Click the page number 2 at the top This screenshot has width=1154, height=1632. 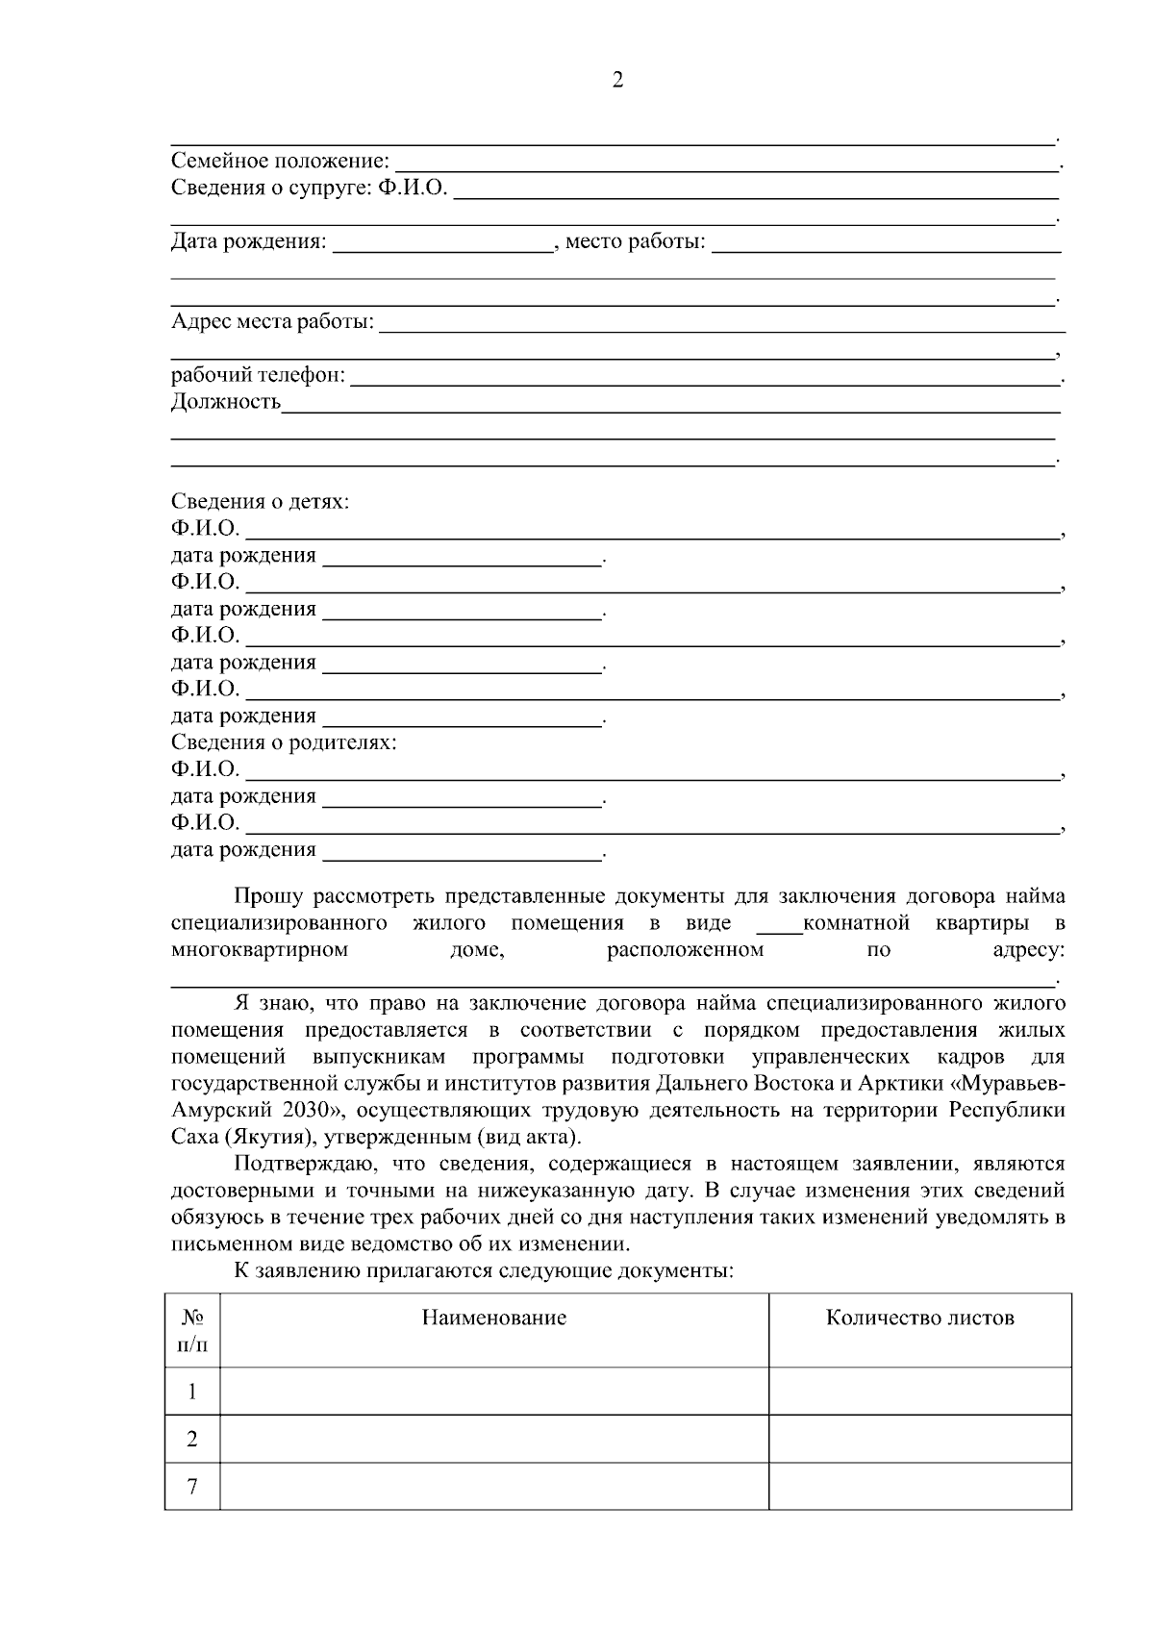click(x=617, y=80)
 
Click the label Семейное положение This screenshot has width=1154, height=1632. click(x=280, y=161)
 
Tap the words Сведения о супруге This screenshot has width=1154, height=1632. click(x=269, y=188)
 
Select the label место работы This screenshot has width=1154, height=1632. click(x=635, y=241)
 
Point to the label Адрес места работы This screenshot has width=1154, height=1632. click(x=272, y=321)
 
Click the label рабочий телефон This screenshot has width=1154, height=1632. click(x=258, y=375)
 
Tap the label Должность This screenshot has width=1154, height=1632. click(x=226, y=402)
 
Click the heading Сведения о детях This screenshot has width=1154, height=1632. click(x=260, y=501)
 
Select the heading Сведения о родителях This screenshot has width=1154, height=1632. click(x=284, y=742)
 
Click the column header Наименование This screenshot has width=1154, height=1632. click(x=494, y=1318)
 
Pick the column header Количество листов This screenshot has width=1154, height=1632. click(x=919, y=1318)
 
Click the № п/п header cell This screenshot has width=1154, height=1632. click(x=192, y=1330)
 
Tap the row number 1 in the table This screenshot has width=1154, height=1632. click(x=192, y=1391)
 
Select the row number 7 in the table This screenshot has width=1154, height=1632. click(x=192, y=1487)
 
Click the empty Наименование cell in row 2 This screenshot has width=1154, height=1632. click(x=494, y=1439)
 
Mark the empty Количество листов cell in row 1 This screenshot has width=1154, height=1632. click(x=919, y=1391)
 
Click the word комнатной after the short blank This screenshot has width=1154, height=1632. click(x=856, y=924)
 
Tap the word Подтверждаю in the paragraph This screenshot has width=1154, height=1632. click(x=298, y=1164)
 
